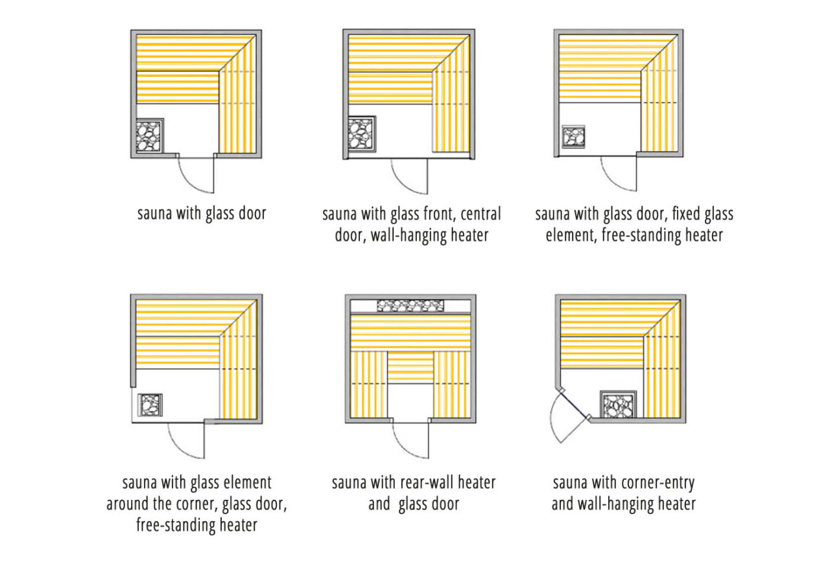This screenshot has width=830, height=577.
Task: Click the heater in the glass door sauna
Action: [150, 136]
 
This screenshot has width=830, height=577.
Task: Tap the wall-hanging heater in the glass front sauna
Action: [362, 134]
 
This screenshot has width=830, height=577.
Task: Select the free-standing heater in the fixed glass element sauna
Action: [573, 137]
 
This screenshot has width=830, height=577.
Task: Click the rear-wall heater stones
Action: [410, 306]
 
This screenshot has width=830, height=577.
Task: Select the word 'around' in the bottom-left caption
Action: [136, 504]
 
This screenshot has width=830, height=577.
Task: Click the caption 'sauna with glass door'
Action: [202, 213]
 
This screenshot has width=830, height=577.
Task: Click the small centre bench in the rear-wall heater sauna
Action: [410, 366]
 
